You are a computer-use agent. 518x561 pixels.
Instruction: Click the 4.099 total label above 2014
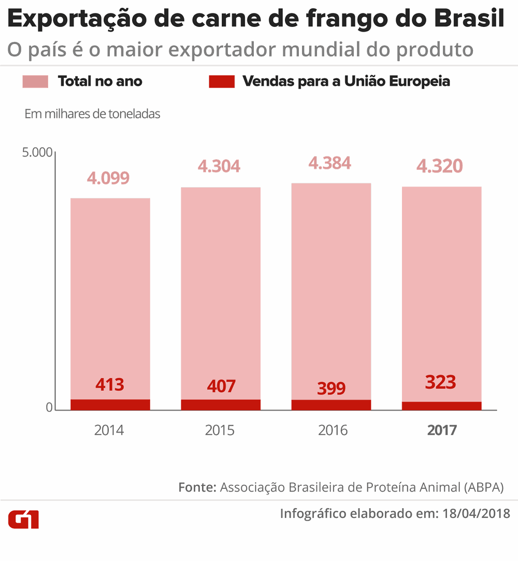pos(108,178)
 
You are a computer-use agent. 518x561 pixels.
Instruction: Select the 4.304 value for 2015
pos(219,166)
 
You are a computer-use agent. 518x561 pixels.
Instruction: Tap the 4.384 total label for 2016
pos(329,163)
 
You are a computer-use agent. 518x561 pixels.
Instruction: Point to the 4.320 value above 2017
pos(440,166)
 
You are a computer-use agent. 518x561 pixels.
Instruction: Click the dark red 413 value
pos(110,385)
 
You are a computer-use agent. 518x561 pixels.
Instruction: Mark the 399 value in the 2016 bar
pos(331,388)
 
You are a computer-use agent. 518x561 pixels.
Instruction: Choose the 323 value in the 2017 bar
pos(440,383)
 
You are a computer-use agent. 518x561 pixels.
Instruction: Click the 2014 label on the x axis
pos(109,430)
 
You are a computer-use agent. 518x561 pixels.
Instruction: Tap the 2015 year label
pos(220,430)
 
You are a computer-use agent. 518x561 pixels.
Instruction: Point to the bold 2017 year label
pos(442,430)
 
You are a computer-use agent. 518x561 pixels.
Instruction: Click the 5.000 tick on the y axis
pos(37,153)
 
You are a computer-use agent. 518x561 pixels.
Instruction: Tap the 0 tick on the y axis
pos(50,408)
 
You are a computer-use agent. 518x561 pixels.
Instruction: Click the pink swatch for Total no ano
pos(35,81)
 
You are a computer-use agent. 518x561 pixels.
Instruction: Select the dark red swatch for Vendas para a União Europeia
pos(222,81)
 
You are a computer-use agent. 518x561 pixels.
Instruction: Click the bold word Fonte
pos(197,487)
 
